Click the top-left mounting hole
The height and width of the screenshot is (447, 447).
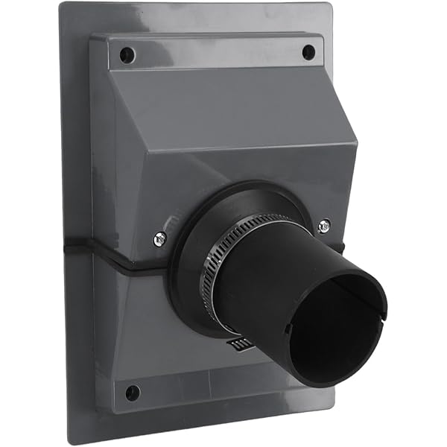point(127,54)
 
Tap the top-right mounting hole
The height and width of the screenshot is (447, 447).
point(308,52)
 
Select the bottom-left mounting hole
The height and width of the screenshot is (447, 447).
point(133,392)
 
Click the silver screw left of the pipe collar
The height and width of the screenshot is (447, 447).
point(159,238)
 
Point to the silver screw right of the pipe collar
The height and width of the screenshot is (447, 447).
point(324,225)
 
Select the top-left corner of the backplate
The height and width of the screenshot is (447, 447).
point(63,6)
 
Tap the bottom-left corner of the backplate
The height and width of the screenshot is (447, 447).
point(72,441)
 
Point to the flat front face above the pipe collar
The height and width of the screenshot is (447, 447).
point(223,168)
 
